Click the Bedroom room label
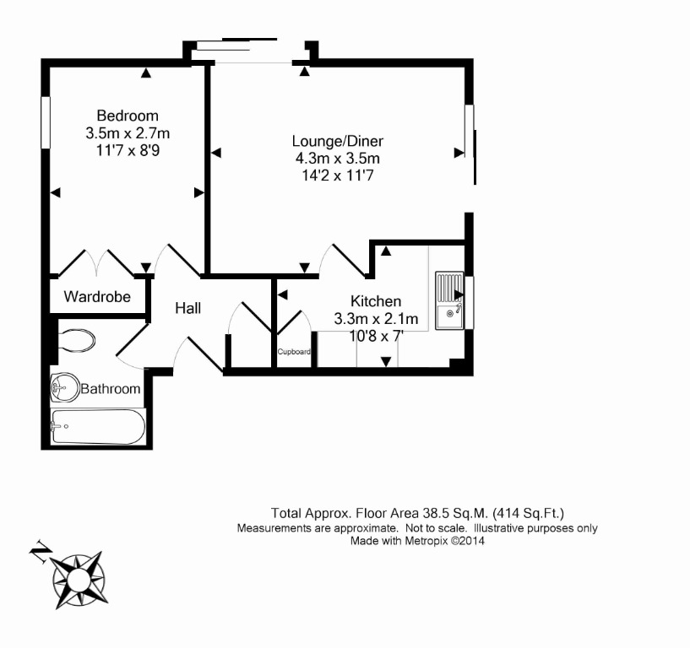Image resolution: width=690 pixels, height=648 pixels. point(127,116)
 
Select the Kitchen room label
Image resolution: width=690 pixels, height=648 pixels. point(376,301)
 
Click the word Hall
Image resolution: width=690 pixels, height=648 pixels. point(187,309)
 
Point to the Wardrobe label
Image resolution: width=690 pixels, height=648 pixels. point(97,297)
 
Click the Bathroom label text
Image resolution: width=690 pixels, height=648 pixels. point(110,389)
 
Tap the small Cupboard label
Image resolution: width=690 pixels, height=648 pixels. point(295,352)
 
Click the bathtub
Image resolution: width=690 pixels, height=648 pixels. point(97,428)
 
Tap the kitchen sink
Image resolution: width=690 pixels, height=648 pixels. point(449,301)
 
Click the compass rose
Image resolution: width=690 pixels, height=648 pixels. point(79,580)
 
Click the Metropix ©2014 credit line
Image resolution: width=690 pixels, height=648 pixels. point(418,541)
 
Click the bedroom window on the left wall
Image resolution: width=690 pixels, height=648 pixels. point(46,125)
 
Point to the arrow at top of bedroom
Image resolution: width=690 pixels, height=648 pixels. point(146,73)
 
